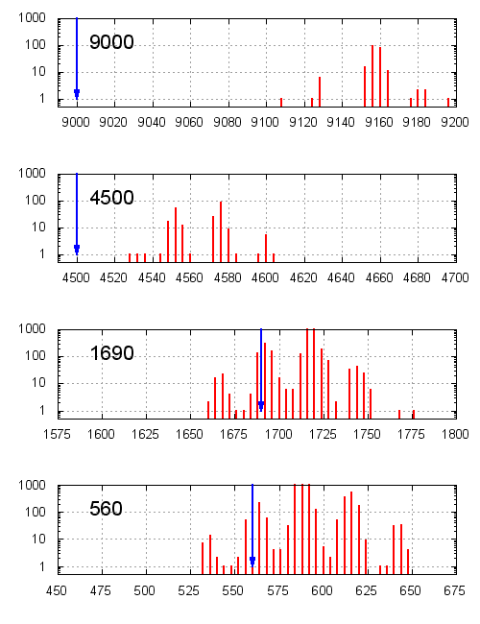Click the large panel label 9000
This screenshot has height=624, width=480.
(x=111, y=42)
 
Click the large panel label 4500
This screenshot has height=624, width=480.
(x=111, y=198)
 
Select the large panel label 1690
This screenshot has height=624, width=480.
(x=111, y=353)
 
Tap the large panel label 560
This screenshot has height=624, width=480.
(x=106, y=509)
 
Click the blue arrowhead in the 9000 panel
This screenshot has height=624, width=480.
(x=77, y=93)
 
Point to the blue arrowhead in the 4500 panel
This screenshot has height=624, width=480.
(x=77, y=250)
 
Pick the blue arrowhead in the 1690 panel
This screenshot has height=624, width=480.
(x=261, y=406)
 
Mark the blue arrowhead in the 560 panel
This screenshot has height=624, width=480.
(x=252, y=562)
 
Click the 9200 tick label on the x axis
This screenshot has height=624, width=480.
(x=455, y=122)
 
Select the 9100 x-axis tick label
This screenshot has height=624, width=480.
(x=266, y=122)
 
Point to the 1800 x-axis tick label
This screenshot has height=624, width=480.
(x=455, y=435)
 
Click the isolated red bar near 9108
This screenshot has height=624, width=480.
(x=281, y=101)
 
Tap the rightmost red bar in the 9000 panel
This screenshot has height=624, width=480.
(x=448, y=101)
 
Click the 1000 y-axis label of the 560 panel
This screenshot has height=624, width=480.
(x=33, y=486)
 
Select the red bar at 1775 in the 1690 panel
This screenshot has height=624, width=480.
(x=414, y=414)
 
